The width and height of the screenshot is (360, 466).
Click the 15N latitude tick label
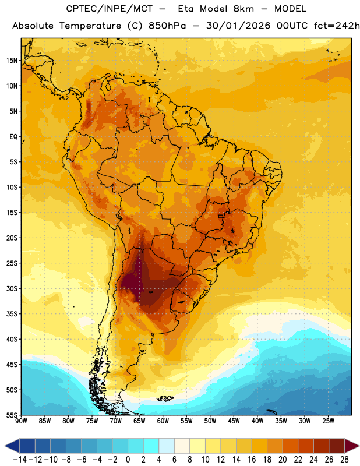pyautogui.click(x=12, y=61)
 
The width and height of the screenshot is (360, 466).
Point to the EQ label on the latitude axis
pyautogui.click(x=13, y=137)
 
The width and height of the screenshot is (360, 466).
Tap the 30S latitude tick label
pyautogui.click(x=12, y=288)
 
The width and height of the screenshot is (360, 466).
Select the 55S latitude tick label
pyautogui.click(x=12, y=415)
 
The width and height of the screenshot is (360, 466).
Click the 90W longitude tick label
pyautogui.click(x=21, y=421)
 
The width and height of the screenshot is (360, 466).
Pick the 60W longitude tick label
pyautogui.click(x=163, y=421)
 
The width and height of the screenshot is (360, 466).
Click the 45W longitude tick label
pyautogui.click(x=234, y=421)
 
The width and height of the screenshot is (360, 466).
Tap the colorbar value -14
pyautogui.click(x=20, y=460)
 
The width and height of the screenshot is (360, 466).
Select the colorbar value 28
pyautogui.click(x=344, y=460)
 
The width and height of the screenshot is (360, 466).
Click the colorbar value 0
pyautogui.click(x=128, y=460)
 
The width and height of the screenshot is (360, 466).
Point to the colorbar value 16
pyautogui.click(x=252, y=460)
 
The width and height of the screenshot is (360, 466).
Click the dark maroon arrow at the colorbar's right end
pyautogui.click(x=351, y=446)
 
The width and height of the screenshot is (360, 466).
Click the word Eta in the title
pyautogui.click(x=186, y=9)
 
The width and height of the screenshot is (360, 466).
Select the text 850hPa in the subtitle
pyautogui.click(x=167, y=26)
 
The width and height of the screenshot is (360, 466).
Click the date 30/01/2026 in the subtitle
pyautogui.click(x=238, y=26)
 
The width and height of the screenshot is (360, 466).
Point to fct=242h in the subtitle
pyautogui.click(x=337, y=26)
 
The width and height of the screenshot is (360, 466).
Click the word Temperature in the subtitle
pyautogui.click(x=90, y=26)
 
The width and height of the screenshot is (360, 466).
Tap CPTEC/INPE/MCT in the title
pyautogui.click(x=109, y=9)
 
